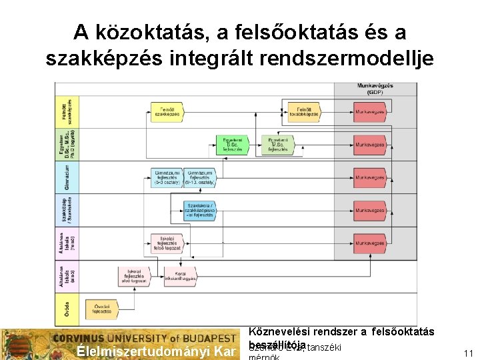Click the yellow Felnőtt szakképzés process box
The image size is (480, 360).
tap(167, 112)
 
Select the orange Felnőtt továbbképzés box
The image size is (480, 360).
tap(302, 112)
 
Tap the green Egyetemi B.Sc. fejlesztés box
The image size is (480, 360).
tap(233, 144)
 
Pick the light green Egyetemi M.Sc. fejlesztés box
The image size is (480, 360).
tap(278, 145)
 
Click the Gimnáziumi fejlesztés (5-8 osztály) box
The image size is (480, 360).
tap(167, 177)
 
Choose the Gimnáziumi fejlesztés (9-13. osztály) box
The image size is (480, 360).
tap(200, 177)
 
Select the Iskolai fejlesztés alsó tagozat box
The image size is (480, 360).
tap(134, 275)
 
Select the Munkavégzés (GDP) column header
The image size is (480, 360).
tap(375, 88)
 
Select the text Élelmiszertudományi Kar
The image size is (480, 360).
tap(158, 351)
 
